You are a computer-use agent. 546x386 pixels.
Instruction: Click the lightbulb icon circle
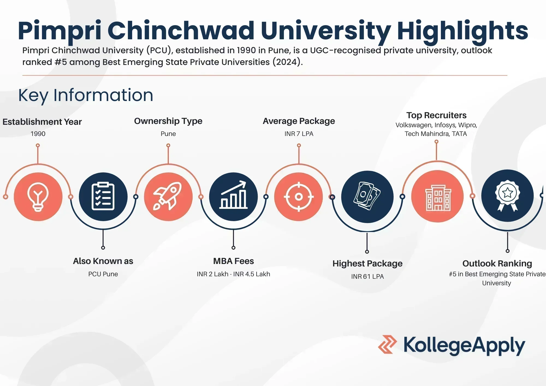(38, 197)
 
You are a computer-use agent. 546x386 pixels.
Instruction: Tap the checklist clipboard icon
(103, 197)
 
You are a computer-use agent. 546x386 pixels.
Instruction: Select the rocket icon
(168, 197)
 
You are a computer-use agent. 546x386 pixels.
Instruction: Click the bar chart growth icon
(233, 197)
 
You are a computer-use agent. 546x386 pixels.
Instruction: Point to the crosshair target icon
(299, 197)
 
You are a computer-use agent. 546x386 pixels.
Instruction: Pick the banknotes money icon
(367, 197)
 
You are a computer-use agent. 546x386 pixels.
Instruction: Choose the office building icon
(438, 196)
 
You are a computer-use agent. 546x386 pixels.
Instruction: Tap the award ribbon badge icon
(508, 195)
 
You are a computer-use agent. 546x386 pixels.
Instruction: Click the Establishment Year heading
(42, 122)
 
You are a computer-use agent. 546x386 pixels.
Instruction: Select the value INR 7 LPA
(299, 134)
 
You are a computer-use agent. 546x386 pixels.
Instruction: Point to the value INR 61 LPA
(367, 277)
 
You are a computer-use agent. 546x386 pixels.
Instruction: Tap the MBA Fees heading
(233, 261)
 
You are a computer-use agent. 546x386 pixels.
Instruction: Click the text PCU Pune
(103, 274)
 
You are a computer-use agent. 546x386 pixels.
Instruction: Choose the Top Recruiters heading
(436, 115)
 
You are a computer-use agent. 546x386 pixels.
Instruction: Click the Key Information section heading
(86, 95)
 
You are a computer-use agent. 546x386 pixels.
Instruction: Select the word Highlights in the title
(462, 31)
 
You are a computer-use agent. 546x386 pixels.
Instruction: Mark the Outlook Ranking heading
(497, 263)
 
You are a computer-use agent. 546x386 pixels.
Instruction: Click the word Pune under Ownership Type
(168, 134)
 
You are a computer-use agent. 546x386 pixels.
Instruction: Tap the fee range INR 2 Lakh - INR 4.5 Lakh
(233, 274)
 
